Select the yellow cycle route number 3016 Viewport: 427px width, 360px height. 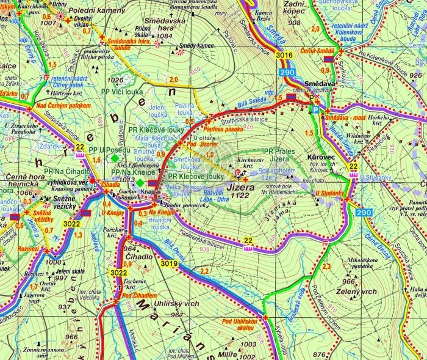[284, 56]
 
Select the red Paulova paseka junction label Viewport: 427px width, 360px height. [221, 128]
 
